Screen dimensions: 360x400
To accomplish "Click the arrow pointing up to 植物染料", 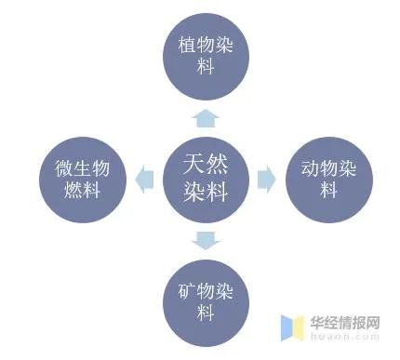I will coord(206,117).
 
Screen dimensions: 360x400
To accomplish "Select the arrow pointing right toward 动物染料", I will coord(266,180).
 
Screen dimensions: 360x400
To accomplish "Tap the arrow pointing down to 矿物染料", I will coord(206,241).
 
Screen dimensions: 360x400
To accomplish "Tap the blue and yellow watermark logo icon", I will coord(293,327).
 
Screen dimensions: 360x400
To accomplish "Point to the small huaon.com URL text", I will coord(345,339).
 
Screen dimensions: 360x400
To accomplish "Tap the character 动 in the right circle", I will coord(299,169).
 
